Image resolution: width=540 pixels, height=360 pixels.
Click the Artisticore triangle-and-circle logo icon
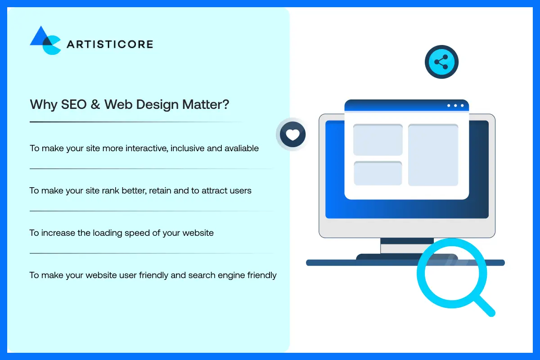coord(45,40)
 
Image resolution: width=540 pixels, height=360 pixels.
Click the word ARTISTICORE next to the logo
coord(110,44)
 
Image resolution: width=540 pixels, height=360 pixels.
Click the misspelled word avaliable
coord(241,148)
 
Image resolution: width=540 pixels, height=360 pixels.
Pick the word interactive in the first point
coord(147,148)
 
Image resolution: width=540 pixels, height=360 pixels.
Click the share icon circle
coord(441,62)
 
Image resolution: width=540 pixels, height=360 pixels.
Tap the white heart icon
coord(292,134)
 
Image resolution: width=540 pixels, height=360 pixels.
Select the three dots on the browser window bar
coord(455,106)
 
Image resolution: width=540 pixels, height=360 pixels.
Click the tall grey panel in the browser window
coord(433,155)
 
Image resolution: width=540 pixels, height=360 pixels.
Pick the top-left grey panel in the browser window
coord(378,140)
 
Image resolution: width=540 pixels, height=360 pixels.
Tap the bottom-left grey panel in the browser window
coord(378,173)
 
